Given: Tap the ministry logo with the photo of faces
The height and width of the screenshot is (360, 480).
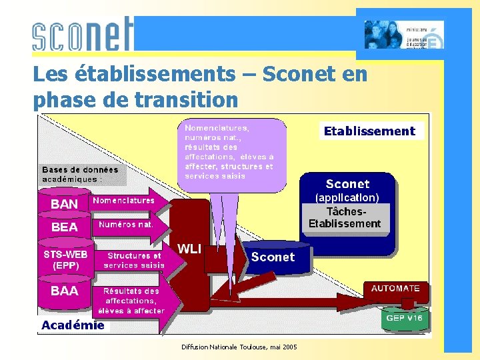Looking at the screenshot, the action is pyautogui.click(x=403, y=35).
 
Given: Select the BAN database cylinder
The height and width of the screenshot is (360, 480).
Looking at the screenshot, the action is pyautogui.click(x=65, y=204).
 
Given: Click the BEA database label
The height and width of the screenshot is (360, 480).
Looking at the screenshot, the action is pyautogui.click(x=65, y=227).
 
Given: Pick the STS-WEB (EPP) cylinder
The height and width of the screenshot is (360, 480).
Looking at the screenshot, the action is pyautogui.click(x=65, y=259).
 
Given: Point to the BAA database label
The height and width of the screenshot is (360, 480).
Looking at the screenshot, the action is pyautogui.click(x=65, y=291).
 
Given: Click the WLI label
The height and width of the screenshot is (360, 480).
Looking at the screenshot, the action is pyautogui.click(x=189, y=249).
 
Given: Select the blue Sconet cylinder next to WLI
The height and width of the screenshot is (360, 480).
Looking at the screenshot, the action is pyautogui.click(x=273, y=257).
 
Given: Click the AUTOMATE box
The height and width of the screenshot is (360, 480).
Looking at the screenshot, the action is pyautogui.click(x=395, y=289).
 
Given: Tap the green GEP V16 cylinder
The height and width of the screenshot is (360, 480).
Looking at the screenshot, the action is pyautogui.click(x=405, y=319).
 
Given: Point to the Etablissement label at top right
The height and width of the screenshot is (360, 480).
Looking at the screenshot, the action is pyautogui.click(x=369, y=131).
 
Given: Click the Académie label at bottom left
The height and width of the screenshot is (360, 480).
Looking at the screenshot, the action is pyautogui.click(x=73, y=325).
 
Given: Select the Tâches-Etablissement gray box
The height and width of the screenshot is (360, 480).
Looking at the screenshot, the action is pyautogui.click(x=345, y=217).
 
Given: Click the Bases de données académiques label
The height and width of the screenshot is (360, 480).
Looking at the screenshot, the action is pyautogui.click(x=81, y=174).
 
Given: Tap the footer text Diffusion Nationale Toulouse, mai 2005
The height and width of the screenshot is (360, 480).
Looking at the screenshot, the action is pyautogui.click(x=239, y=347).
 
